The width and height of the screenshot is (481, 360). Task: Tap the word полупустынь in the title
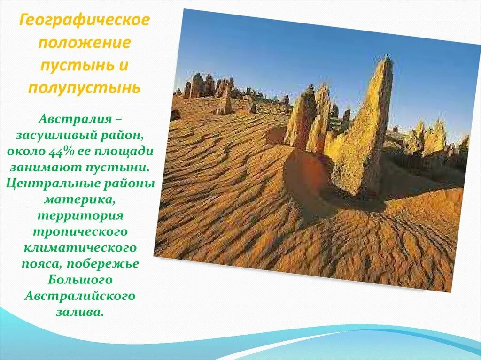point(85,88)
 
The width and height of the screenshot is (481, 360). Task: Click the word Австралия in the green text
point(76,119)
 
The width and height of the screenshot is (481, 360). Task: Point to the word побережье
point(103,264)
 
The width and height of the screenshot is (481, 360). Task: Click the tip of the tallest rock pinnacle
point(388,56)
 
